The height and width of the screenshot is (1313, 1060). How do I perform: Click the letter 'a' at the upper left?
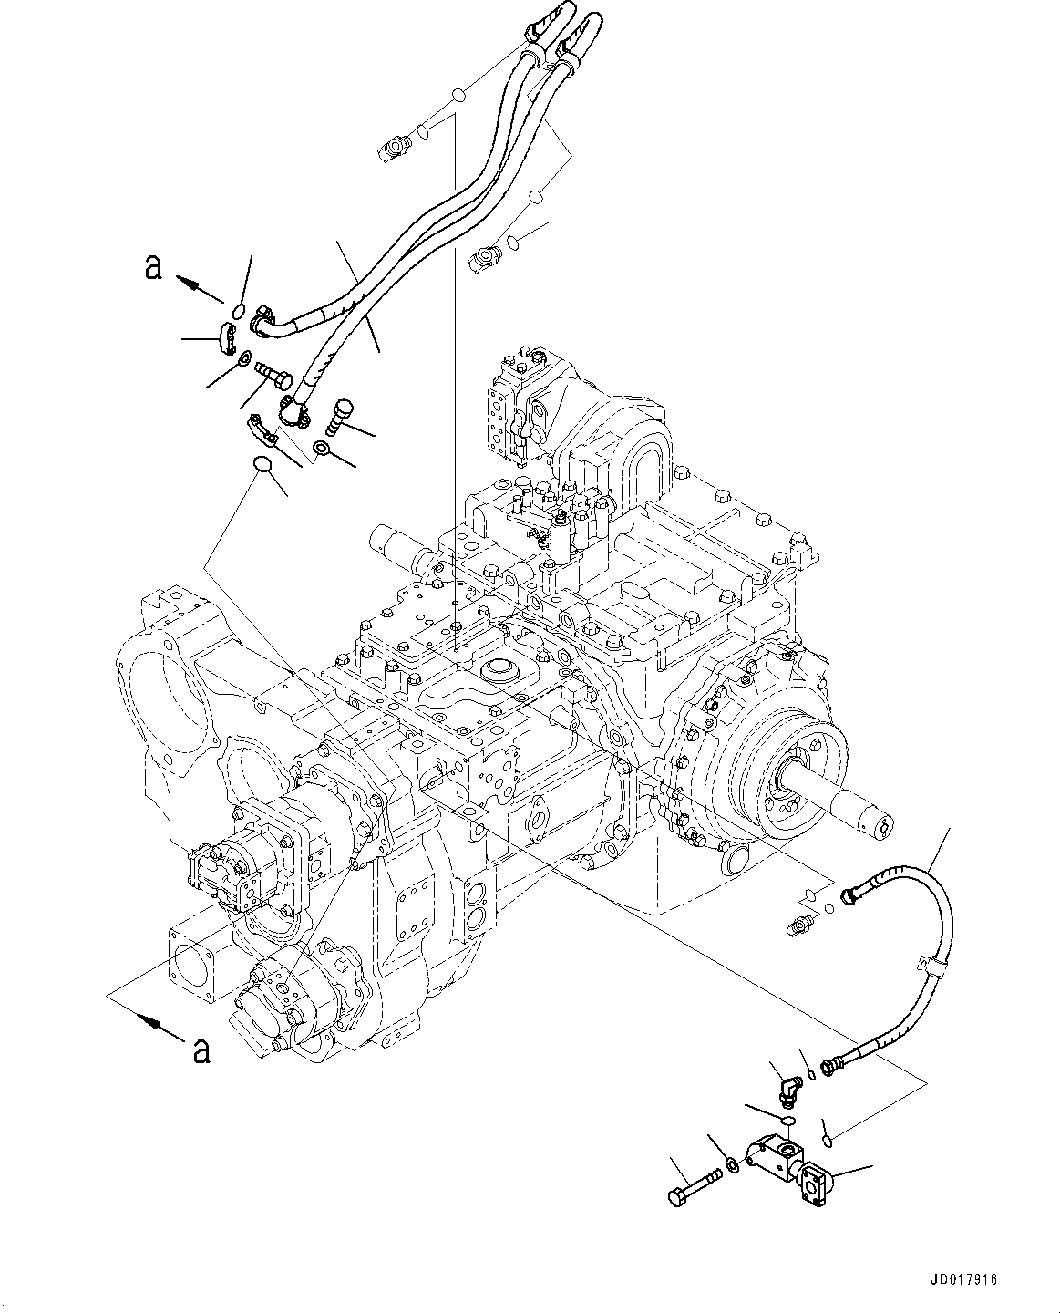(x=154, y=268)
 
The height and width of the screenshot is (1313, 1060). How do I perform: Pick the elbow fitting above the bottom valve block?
(x=788, y=1086)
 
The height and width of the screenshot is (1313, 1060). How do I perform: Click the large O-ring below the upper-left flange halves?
(x=262, y=466)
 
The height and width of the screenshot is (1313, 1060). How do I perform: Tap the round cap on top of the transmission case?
(x=499, y=672)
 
